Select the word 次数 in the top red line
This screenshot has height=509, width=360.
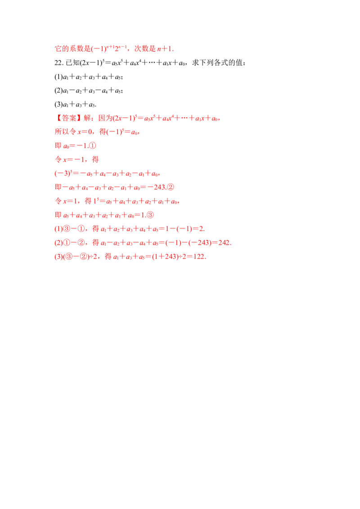click(x=141, y=49)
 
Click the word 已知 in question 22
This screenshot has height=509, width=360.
click(x=72, y=63)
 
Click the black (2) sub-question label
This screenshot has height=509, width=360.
click(x=58, y=90)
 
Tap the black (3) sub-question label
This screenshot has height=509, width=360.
click(x=58, y=104)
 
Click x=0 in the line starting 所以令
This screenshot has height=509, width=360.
click(x=85, y=132)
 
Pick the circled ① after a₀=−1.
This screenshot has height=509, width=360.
click(x=92, y=146)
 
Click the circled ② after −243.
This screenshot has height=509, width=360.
click(x=170, y=188)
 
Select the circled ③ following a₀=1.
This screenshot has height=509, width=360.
click(x=150, y=215)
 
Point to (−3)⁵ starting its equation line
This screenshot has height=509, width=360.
click(x=63, y=174)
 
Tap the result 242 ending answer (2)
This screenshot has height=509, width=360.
click(x=224, y=242)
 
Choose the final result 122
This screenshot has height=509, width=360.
click(x=199, y=256)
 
